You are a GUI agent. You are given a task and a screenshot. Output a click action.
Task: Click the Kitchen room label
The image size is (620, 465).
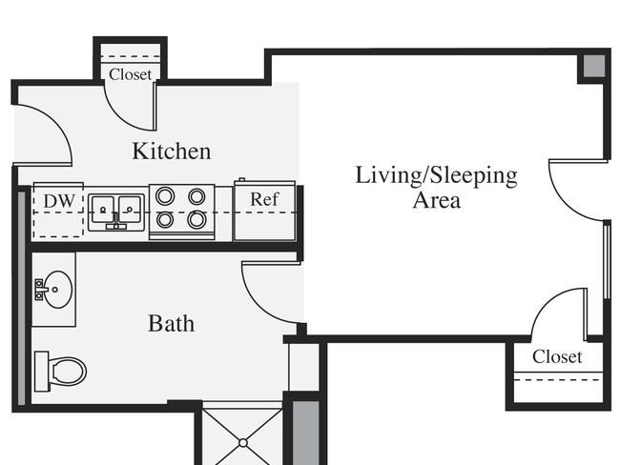pyautogui.click(x=171, y=151)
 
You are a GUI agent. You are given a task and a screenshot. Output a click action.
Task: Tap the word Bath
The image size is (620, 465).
pyautogui.click(x=171, y=324)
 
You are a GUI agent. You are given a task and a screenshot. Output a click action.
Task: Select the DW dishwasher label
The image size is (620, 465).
pyautogui.click(x=59, y=201)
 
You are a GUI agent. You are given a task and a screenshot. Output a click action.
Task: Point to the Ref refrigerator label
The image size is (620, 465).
pyautogui.click(x=264, y=199)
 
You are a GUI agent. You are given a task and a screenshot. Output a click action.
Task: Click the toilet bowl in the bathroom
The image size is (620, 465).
pyautogui.click(x=69, y=372)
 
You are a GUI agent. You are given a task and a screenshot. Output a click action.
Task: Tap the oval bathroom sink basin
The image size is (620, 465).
pyautogui.click(x=58, y=289)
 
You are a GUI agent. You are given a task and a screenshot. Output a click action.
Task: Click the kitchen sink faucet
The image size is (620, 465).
pyautogui.click(x=115, y=221)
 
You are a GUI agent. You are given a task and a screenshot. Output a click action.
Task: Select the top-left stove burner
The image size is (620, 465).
pyautogui.click(x=165, y=196)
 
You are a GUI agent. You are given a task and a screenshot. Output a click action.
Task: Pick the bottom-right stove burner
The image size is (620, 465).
pyautogui.click(x=196, y=219)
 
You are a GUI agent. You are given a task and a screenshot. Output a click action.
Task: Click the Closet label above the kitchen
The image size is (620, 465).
pyautogui.click(x=130, y=74)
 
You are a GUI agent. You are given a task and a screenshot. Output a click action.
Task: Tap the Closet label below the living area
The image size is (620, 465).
pyautogui.click(x=557, y=356)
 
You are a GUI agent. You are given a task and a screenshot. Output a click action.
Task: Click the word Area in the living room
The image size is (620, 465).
pyautogui.click(x=437, y=200)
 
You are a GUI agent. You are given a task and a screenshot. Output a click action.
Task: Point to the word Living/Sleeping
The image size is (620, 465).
pyautogui.click(x=436, y=176)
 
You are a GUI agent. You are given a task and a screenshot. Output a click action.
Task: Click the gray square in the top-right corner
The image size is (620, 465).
pyautogui.click(x=594, y=66)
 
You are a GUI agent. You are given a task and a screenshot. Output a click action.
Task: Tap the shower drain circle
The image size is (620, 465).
pyautogui.click(x=243, y=443)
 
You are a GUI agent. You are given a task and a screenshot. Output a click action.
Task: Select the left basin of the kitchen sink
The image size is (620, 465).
pyautogui.click(x=102, y=210)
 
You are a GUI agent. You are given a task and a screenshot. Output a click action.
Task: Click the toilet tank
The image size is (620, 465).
pyautogui.click(x=42, y=372)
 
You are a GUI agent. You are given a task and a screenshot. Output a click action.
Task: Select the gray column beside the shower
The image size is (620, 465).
pyautogui.click(x=305, y=433)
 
